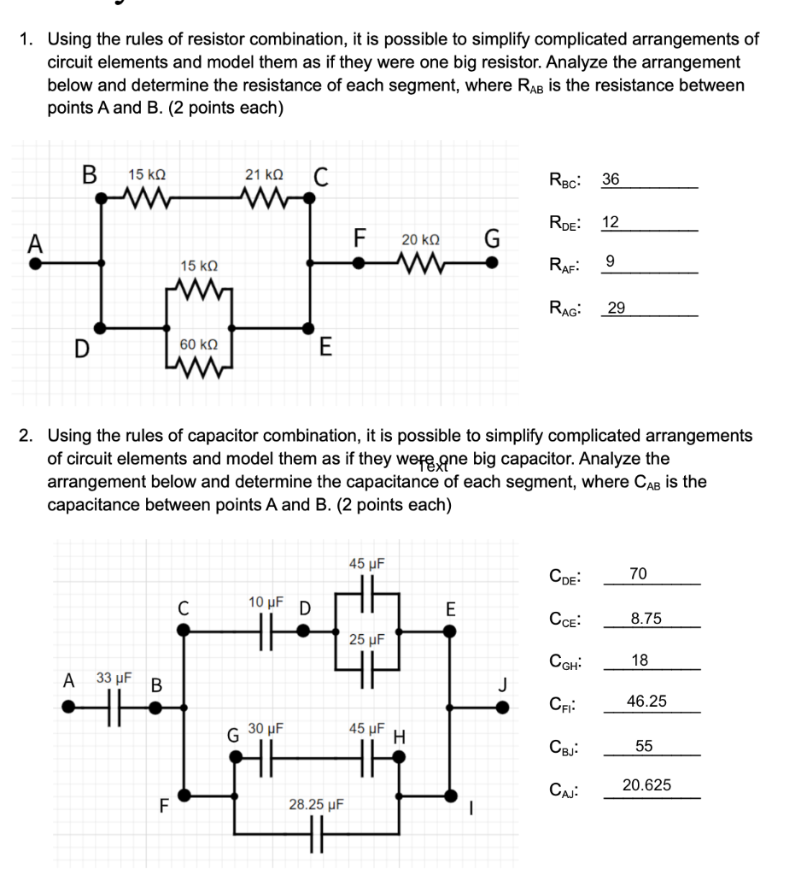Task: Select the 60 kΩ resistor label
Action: click(x=198, y=344)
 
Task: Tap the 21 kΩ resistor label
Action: click(x=264, y=174)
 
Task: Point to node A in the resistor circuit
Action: click(x=34, y=262)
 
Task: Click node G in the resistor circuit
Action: click(x=492, y=262)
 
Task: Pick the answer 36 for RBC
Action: click(x=611, y=180)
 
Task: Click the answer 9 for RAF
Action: click(x=608, y=261)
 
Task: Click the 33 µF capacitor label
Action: click(x=113, y=678)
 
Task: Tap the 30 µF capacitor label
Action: click(x=265, y=729)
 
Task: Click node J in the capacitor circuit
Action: click(x=505, y=706)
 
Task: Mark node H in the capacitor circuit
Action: click(x=399, y=755)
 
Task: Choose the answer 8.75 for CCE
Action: click(x=646, y=619)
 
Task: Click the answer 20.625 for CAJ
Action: click(x=646, y=785)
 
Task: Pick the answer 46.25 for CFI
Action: click(x=646, y=702)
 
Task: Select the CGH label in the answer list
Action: click(x=567, y=661)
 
